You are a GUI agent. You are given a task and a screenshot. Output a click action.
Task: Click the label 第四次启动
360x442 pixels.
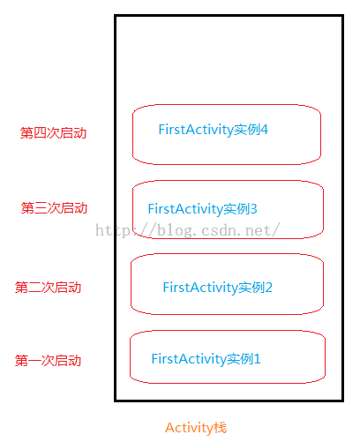(x=53, y=133)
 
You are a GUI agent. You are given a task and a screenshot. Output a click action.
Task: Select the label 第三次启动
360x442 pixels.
(x=54, y=208)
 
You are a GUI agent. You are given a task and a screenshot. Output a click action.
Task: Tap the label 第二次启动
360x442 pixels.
(x=48, y=288)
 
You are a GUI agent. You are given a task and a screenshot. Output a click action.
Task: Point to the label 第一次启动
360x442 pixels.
(x=48, y=361)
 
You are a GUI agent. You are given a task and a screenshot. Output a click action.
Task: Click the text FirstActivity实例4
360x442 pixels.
(x=214, y=130)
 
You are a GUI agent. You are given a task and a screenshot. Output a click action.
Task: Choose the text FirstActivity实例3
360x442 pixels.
(x=203, y=209)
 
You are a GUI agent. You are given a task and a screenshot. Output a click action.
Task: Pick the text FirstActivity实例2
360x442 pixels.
(x=218, y=288)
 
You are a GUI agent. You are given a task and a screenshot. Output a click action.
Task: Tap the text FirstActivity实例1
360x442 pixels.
(x=206, y=359)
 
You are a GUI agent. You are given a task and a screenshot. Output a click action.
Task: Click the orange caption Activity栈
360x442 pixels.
(x=196, y=428)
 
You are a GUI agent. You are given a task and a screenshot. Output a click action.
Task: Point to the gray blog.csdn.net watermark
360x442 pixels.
(x=187, y=230)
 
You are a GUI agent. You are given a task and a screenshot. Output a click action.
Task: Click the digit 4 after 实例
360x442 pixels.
(x=265, y=130)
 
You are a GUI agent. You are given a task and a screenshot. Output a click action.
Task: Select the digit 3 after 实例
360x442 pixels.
(x=254, y=209)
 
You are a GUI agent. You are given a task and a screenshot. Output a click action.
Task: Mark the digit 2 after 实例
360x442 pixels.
(x=269, y=288)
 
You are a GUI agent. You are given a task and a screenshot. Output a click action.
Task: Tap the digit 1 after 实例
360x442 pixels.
(x=258, y=359)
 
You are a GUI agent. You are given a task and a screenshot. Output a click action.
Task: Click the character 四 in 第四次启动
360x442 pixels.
(x=40, y=133)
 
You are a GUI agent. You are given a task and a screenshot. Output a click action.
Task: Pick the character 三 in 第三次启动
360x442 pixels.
(x=41, y=208)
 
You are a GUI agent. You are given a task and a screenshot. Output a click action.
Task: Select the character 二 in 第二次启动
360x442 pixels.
(x=34, y=288)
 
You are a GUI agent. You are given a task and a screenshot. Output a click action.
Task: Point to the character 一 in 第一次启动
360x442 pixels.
(x=34, y=361)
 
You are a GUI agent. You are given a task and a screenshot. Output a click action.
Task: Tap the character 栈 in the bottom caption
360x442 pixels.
(x=221, y=428)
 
